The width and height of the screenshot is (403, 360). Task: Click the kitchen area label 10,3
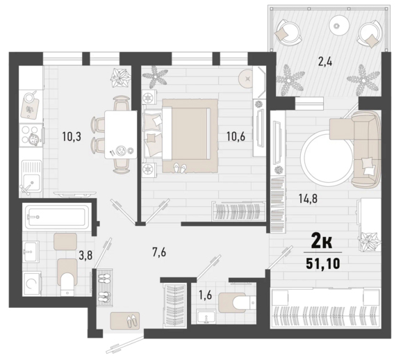72,136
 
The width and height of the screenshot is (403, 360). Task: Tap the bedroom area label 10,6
236,136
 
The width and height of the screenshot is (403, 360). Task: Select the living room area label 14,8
308,199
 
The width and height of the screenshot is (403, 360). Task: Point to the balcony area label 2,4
324,62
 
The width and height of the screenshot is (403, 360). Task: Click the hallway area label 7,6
159,252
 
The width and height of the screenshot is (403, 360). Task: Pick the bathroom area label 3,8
85,256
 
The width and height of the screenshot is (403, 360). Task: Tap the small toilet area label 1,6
206,295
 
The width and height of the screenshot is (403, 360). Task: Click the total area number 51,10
323,263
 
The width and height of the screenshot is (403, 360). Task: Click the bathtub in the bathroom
56,216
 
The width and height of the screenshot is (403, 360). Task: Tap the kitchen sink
31,177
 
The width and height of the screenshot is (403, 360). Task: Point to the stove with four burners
31,136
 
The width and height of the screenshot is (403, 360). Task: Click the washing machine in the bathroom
32,284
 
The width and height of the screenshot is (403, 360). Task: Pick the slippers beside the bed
180,168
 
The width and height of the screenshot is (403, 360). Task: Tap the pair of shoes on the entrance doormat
132,320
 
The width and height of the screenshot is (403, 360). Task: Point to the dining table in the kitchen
121,135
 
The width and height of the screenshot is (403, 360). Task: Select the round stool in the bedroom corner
247,79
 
